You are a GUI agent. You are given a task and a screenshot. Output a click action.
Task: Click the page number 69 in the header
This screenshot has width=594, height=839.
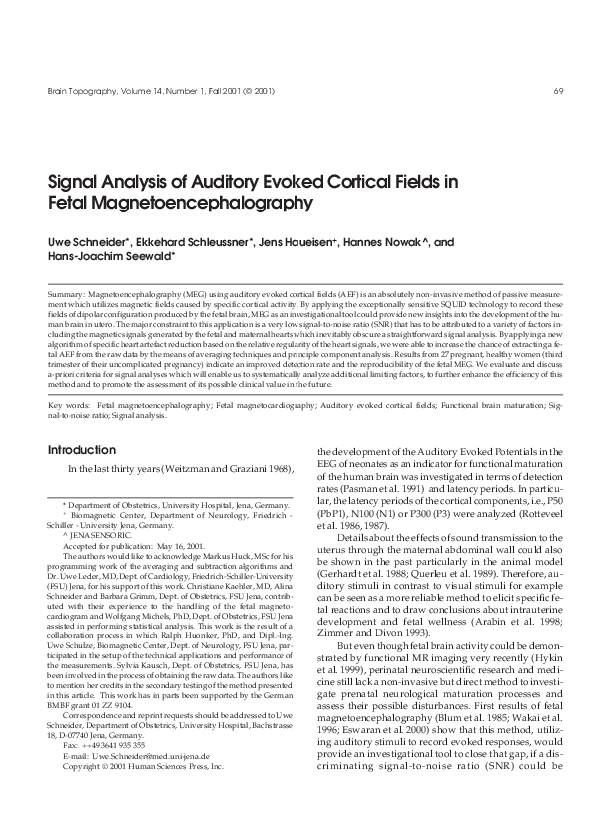tap(558, 92)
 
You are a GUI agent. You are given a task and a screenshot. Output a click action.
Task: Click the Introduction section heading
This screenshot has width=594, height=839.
tap(82, 449)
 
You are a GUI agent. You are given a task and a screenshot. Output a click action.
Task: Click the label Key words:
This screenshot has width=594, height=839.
tap(69, 407)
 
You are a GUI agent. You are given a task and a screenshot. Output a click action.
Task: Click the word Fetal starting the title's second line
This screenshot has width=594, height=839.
tap(71, 203)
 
